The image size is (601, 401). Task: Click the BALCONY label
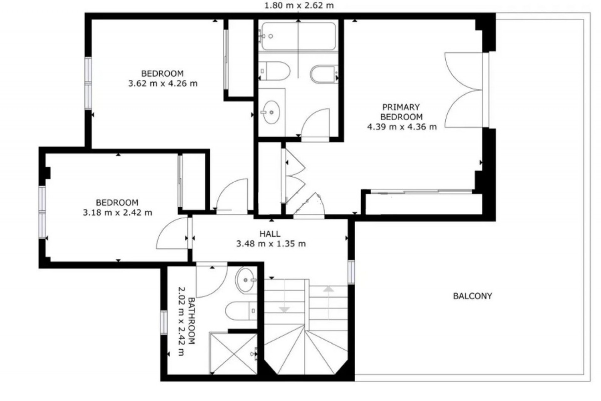[x=472, y=296]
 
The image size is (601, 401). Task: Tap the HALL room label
[x=270, y=234]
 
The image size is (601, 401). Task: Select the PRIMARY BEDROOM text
[x=401, y=112]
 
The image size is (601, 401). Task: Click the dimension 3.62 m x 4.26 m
[x=163, y=84]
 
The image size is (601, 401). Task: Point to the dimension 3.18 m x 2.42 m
[x=117, y=213]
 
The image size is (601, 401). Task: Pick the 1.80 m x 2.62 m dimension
[x=299, y=5]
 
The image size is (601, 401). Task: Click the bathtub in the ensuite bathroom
[x=298, y=36]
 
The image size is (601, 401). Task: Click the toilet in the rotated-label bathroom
[x=241, y=311]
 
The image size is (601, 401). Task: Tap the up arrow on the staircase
[x=328, y=303]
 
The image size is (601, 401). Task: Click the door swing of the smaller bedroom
[x=172, y=233]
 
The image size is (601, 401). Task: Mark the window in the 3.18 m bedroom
[x=42, y=212]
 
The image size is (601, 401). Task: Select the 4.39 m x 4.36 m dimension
[x=402, y=127]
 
